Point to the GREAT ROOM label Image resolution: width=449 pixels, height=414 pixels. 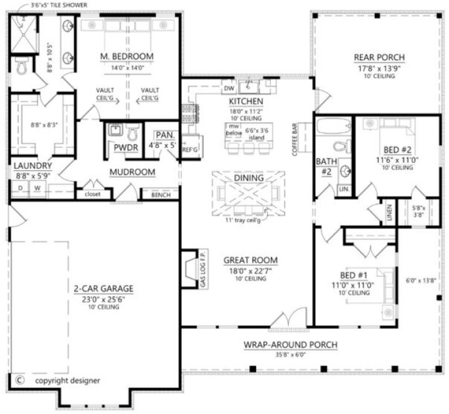click(252, 260)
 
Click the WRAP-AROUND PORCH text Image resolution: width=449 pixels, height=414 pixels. click(290, 345)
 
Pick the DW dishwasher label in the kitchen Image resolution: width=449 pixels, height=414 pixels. click(229, 89)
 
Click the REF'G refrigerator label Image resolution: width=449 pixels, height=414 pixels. click(189, 150)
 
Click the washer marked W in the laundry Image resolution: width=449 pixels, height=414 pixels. click(37, 188)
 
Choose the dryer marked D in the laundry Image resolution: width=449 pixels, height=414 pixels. click(20, 188)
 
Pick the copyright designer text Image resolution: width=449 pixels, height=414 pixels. click(68, 380)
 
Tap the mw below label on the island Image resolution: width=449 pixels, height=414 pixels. click(234, 129)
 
